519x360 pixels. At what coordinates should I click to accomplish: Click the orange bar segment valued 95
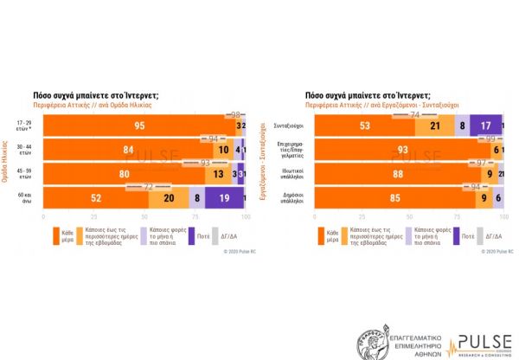click(x=138, y=125)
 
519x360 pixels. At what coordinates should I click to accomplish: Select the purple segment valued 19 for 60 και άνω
click(x=222, y=198)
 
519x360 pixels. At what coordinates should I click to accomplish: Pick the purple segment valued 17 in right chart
click(x=486, y=125)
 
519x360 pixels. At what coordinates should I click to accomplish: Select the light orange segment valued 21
click(x=435, y=125)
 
